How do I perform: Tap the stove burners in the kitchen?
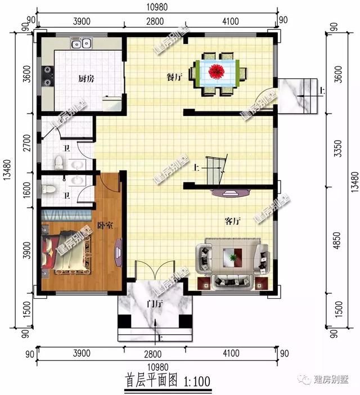(46, 75)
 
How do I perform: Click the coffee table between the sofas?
(232, 258)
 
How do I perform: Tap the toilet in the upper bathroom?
(58, 163)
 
